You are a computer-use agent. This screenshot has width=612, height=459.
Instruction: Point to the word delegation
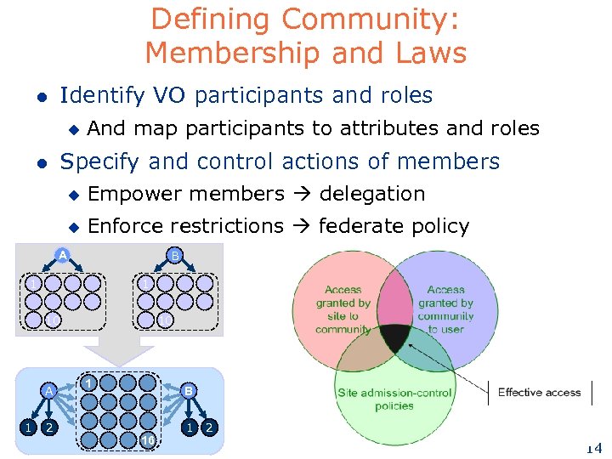(371, 194)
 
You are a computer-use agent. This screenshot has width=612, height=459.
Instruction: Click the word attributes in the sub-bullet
(390, 128)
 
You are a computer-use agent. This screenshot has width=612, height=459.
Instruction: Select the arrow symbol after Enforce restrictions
(300, 226)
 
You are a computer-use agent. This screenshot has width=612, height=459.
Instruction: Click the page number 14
(593, 448)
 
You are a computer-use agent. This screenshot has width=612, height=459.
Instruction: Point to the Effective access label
(539, 392)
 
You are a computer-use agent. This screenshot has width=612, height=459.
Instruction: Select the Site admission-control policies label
(394, 399)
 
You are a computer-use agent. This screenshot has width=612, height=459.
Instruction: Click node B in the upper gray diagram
(174, 255)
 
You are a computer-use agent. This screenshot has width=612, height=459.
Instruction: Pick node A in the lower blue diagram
(50, 390)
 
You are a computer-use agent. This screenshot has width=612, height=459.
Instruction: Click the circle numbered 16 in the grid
(147, 439)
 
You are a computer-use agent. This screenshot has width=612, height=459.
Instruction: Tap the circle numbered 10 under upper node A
(32, 320)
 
